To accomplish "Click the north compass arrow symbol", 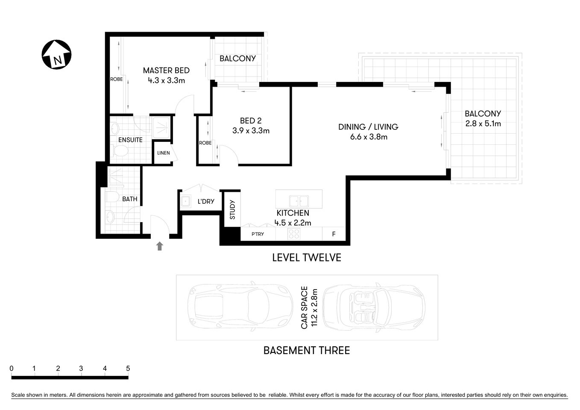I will point(56,55).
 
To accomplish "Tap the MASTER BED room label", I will point(166,70).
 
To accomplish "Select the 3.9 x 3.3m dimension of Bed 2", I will point(251,131).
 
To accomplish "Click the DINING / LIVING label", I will point(368,127).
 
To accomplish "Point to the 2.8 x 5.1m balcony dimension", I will point(483,124).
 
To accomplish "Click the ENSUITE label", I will point(130,140).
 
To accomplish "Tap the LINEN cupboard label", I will point(163,153).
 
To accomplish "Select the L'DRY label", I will point(205,202).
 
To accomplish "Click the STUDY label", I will point(232,210).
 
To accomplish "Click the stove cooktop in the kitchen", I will point(294,234).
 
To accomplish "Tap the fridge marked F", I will point(334,234).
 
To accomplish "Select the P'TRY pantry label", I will point(258,234).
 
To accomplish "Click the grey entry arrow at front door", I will point(159,246).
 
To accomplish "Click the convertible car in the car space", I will point(373,307).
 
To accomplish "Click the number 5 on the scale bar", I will point(128,369).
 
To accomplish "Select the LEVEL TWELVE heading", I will point(307,258).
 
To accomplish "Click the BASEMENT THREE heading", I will point(307,351).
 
